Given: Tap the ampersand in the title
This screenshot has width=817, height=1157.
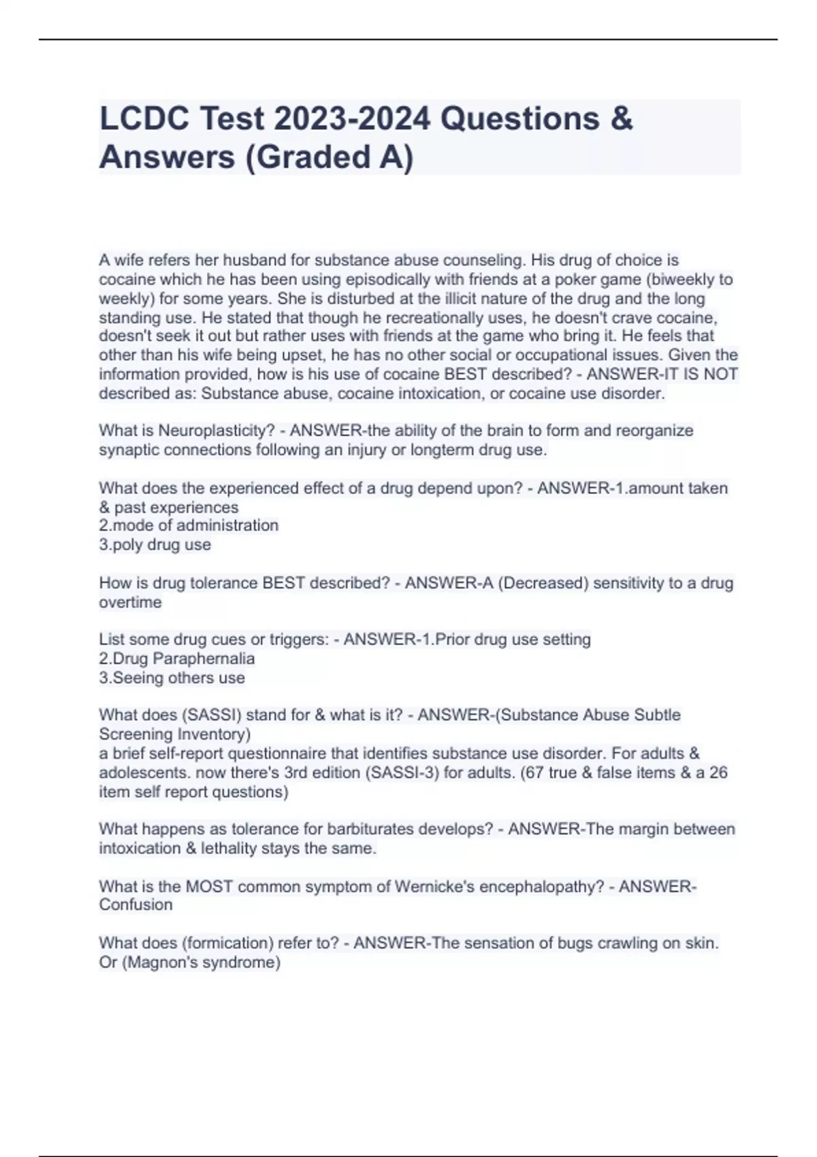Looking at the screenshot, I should pos(621,119).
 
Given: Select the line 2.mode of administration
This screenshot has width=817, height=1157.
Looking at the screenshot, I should pos(189,525).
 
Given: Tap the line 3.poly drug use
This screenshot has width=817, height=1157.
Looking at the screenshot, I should pos(155,544).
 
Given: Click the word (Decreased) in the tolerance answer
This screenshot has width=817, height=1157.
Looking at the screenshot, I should pos(543,583).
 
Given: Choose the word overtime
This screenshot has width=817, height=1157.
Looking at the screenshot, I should pos(130,602).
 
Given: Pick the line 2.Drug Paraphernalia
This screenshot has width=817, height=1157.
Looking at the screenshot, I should pos(177,659).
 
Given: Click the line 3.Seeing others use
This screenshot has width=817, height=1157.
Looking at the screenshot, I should pos(172,678).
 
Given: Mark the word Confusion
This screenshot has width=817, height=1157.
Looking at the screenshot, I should pos(135,905).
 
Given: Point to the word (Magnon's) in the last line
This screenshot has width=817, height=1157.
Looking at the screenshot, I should pos(160,962).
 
